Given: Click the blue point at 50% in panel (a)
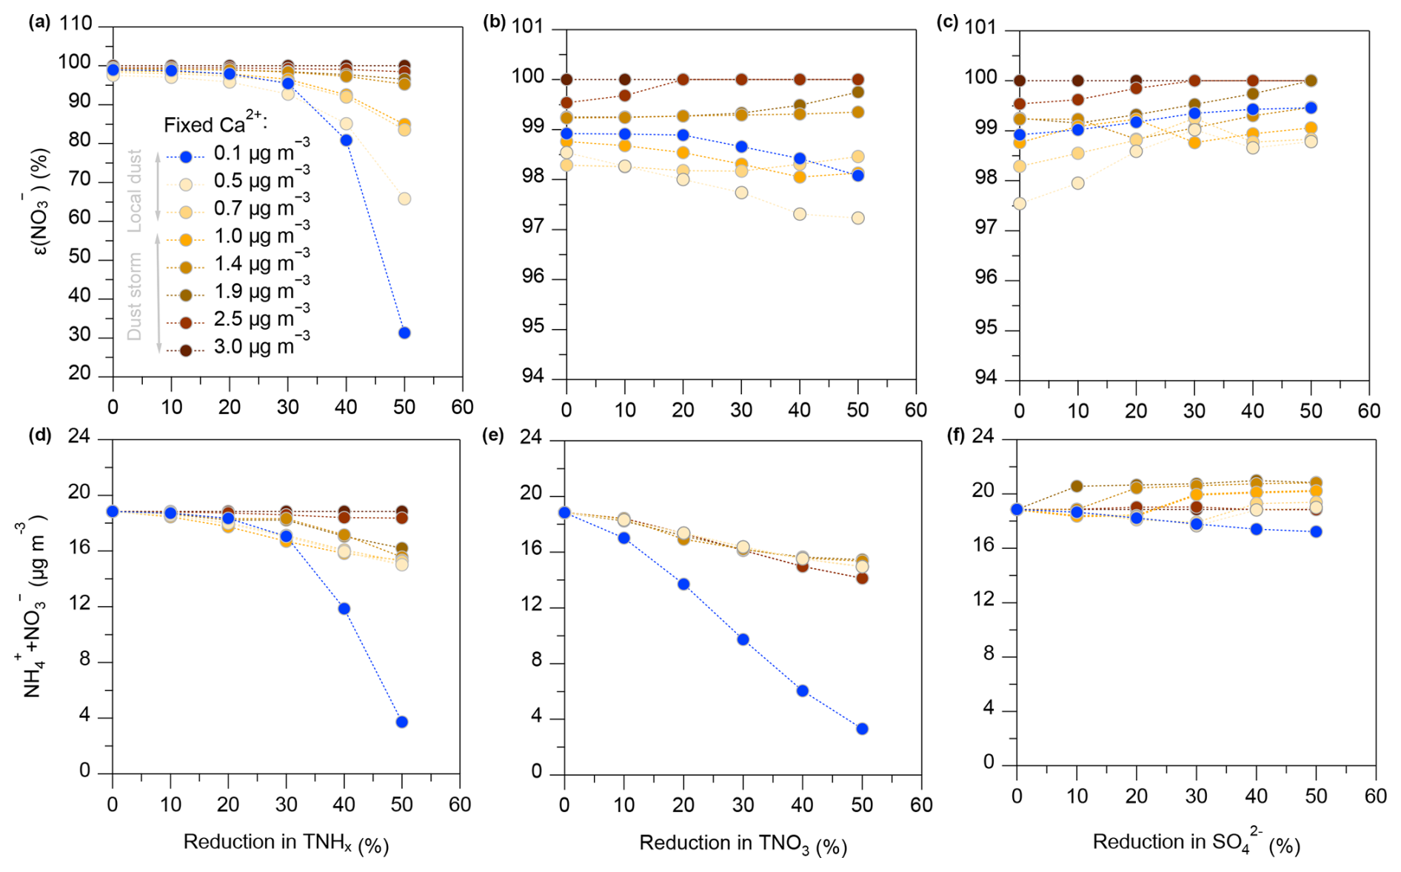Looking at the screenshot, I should (x=404, y=333).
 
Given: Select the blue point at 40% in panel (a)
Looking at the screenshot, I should (x=346, y=140).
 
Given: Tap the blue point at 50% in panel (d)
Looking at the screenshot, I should (x=401, y=722).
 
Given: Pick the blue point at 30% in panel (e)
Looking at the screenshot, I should (x=743, y=639).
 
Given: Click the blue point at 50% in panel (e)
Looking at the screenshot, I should (x=862, y=729).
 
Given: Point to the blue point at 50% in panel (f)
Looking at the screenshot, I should (x=1316, y=531).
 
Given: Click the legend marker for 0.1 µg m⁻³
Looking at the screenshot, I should (x=186, y=157).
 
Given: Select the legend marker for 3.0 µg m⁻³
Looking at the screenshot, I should (x=186, y=350).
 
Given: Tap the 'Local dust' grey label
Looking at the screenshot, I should (x=135, y=190).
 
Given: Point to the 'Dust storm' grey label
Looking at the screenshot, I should (x=135, y=296).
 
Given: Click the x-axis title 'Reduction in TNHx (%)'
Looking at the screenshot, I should (x=286, y=843).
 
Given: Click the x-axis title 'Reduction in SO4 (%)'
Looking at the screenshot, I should (x=1196, y=842).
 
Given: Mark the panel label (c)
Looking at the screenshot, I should (x=948, y=22).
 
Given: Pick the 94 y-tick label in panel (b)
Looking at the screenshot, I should (x=529, y=377).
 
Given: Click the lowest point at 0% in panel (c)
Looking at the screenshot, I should (x=1020, y=203).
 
